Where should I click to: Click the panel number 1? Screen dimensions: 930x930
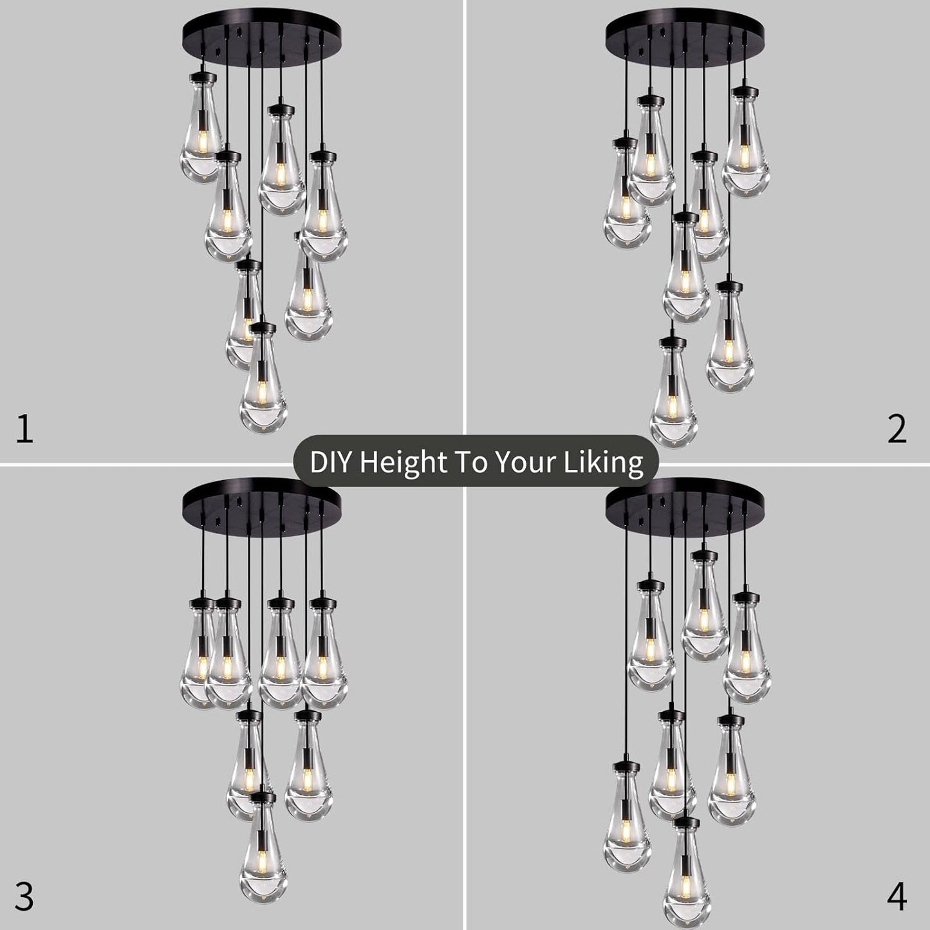[x=24, y=429]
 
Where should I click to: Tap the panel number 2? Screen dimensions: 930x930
[x=897, y=429]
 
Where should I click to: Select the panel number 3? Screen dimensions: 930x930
[x=24, y=897]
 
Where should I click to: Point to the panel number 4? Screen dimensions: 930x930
[x=897, y=897]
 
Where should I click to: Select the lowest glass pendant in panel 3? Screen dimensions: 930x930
[x=263, y=850]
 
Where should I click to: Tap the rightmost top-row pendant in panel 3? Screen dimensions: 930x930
[x=324, y=656]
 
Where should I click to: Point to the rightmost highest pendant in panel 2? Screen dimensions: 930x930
[x=746, y=145]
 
